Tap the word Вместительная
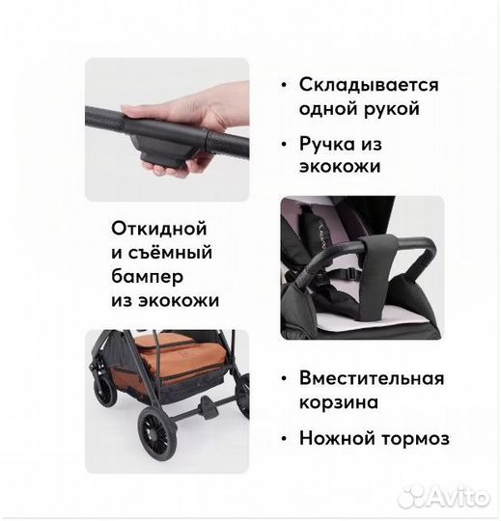coord(371,377)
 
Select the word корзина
coord(338,401)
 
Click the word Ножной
coord(335,438)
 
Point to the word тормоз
coord(412,438)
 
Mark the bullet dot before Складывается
coord(284,85)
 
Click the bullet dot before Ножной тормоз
coord(284,438)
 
